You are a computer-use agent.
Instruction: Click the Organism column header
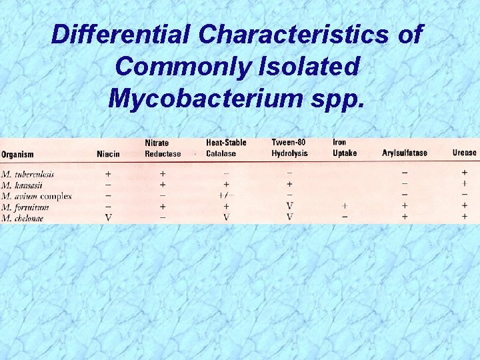pos(19,154)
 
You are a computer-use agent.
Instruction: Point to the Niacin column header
pos(108,154)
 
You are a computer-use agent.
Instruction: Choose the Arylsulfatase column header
pos(405,153)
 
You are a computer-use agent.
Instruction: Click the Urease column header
pos(464,153)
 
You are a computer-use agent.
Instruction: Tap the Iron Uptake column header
pos(345,148)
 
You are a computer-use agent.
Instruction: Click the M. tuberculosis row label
pos(28,175)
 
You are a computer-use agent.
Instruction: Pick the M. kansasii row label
pos(23,185)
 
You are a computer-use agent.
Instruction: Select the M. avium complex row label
pos(36,196)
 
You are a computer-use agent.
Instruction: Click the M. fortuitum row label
pos(25,207)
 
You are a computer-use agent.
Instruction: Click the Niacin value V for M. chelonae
pos(108,217)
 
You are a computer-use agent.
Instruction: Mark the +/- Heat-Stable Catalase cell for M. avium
pos(226,196)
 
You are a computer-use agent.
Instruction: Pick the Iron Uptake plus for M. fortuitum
pos(345,207)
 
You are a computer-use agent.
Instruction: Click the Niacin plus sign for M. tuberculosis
pos(108,175)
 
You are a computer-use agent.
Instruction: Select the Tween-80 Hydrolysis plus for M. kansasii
pos(289,185)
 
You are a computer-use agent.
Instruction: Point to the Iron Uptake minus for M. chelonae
pos(345,217)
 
